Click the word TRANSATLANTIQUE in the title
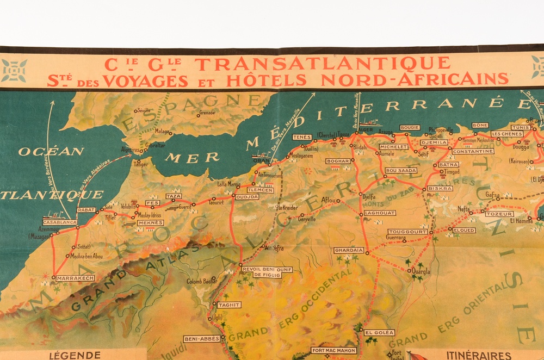click(x=323, y=64)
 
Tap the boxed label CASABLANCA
click(x=60, y=222)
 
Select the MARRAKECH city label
click(x=75, y=278)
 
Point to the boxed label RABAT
click(x=86, y=209)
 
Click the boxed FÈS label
click(x=152, y=202)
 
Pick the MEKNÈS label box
click(x=150, y=223)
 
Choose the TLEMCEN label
click(x=260, y=190)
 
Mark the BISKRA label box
click(x=440, y=188)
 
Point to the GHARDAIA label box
click(x=349, y=250)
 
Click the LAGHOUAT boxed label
click(x=379, y=213)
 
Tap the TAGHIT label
click(x=228, y=305)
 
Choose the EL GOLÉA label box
click(x=379, y=332)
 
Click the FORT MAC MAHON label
click(x=333, y=351)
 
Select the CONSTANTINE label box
click(x=472, y=151)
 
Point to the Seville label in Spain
click(x=143, y=110)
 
